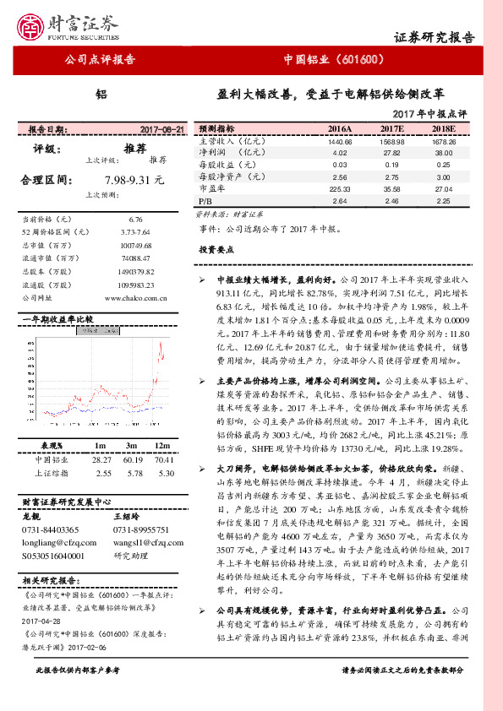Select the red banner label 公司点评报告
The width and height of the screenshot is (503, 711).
pyautogui.click(x=101, y=60)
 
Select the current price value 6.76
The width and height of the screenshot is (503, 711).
pyautogui.click(x=135, y=218)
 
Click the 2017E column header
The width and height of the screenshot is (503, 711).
pyautogui.click(x=391, y=129)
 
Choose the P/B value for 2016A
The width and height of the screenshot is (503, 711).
pyautogui.click(x=341, y=202)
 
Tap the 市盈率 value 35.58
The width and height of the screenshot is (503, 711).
pyautogui.click(x=391, y=190)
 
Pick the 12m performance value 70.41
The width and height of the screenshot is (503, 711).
pyautogui.click(x=164, y=460)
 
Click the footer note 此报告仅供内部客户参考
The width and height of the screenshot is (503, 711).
pyautogui.click(x=77, y=693)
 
